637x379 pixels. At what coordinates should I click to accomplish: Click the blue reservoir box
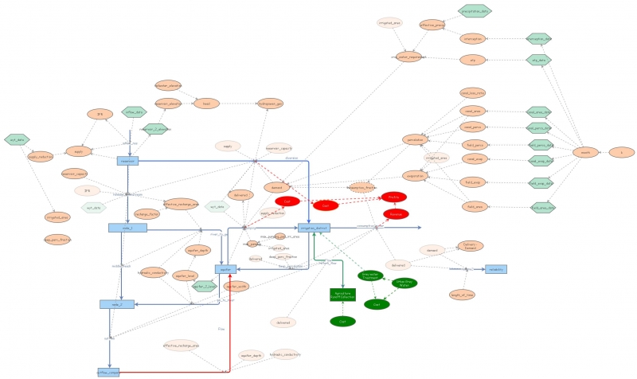point(127,161)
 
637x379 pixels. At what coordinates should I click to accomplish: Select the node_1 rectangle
point(127,228)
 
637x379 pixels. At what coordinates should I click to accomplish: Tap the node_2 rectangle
point(111,304)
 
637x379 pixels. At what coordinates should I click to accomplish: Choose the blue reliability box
point(495,269)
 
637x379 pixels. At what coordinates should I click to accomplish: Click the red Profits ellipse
point(393,197)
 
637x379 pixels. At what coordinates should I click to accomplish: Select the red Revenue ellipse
point(394,215)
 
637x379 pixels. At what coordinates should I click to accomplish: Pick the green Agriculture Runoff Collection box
point(342,295)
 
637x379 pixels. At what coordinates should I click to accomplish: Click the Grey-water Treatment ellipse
point(369,275)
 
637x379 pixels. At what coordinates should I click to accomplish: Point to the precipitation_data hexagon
point(475,10)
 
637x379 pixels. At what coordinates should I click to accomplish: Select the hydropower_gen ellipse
point(270,104)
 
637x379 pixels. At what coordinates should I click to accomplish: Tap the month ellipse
point(585,151)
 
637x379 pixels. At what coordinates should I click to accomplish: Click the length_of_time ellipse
point(462,295)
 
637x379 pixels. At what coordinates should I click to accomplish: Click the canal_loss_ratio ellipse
point(473,93)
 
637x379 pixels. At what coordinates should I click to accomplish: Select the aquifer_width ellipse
point(236,286)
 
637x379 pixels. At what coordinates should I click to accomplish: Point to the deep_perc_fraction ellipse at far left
point(57,238)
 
